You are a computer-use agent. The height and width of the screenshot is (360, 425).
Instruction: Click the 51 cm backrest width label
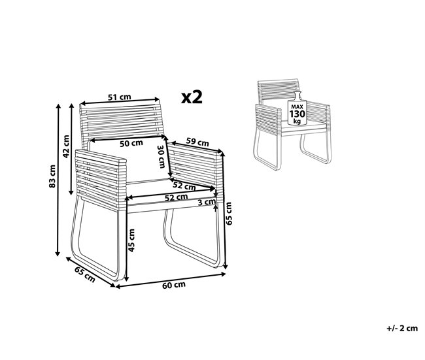[118, 98]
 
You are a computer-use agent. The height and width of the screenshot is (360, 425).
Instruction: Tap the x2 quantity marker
[192, 97]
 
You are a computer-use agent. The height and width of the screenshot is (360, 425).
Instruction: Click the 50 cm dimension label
[131, 143]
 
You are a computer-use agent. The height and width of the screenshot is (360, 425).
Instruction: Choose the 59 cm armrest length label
[198, 141]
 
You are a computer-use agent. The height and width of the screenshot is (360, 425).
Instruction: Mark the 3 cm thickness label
[206, 203]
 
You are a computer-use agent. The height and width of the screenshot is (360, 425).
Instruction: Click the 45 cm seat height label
[131, 240]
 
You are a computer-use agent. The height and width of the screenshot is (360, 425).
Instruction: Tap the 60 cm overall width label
[174, 285]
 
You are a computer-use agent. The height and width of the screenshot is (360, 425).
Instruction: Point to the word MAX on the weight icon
[298, 106]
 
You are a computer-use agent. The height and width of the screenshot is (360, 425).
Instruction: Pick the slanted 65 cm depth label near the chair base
[84, 275]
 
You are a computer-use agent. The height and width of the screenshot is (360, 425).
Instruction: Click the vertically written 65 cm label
[229, 212]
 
